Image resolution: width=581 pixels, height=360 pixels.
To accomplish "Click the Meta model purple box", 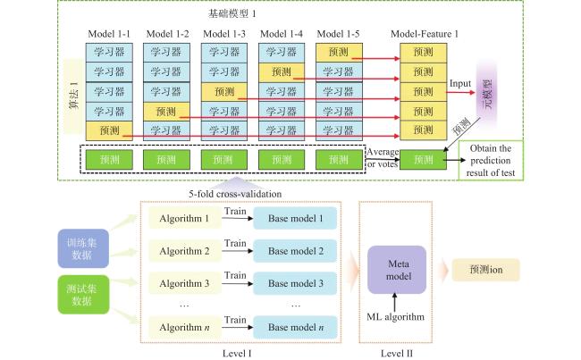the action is click(x=397, y=270).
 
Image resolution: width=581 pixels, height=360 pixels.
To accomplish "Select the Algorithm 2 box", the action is click(x=185, y=251).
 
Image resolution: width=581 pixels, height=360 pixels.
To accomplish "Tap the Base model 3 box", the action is click(x=295, y=283).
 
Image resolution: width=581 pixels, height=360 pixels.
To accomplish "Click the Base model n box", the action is click(x=295, y=328).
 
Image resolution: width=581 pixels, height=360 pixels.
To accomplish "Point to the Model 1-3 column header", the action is click(x=224, y=34).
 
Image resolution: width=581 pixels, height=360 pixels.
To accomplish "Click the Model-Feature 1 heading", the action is click(x=425, y=34).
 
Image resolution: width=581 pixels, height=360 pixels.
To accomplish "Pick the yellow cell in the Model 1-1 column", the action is click(x=109, y=130).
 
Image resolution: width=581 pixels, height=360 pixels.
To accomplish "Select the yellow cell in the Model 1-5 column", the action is click(x=339, y=52).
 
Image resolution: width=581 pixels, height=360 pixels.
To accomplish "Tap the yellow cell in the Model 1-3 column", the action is click(x=224, y=91).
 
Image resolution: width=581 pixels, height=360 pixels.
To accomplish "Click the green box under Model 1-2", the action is click(x=166, y=160).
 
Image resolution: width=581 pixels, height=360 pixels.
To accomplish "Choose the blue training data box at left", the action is click(x=83, y=248).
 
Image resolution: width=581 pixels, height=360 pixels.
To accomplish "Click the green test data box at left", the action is click(x=83, y=295).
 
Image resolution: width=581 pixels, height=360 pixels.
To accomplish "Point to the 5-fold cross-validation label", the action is click(x=235, y=194).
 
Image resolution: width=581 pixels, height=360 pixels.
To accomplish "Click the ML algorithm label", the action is click(x=395, y=317).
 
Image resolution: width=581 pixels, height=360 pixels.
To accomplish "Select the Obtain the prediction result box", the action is click(x=491, y=161).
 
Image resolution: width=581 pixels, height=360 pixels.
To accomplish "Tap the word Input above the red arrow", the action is click(x=459, y=84).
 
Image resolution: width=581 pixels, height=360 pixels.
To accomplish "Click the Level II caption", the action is click(x=397, y=354).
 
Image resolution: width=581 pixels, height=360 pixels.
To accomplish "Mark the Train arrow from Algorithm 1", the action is click(x=238, y=219).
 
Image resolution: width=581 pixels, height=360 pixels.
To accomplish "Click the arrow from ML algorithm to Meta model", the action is click(x=394, y=302).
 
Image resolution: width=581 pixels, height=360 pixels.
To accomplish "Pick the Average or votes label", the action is click(x=383, y=158).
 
